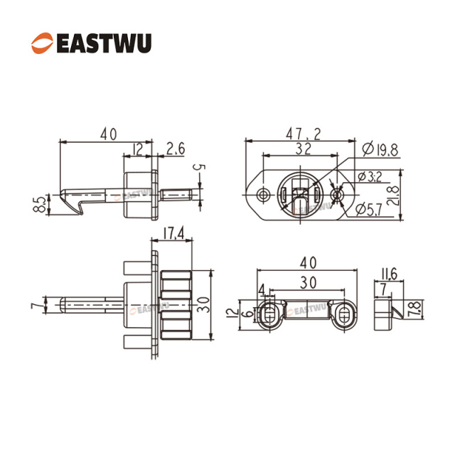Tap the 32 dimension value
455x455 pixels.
click(304, 148)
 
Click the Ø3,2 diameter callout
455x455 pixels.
click(371, 176)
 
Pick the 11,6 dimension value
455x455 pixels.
click(389, 273)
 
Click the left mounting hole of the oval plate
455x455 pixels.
click(264, 195)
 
